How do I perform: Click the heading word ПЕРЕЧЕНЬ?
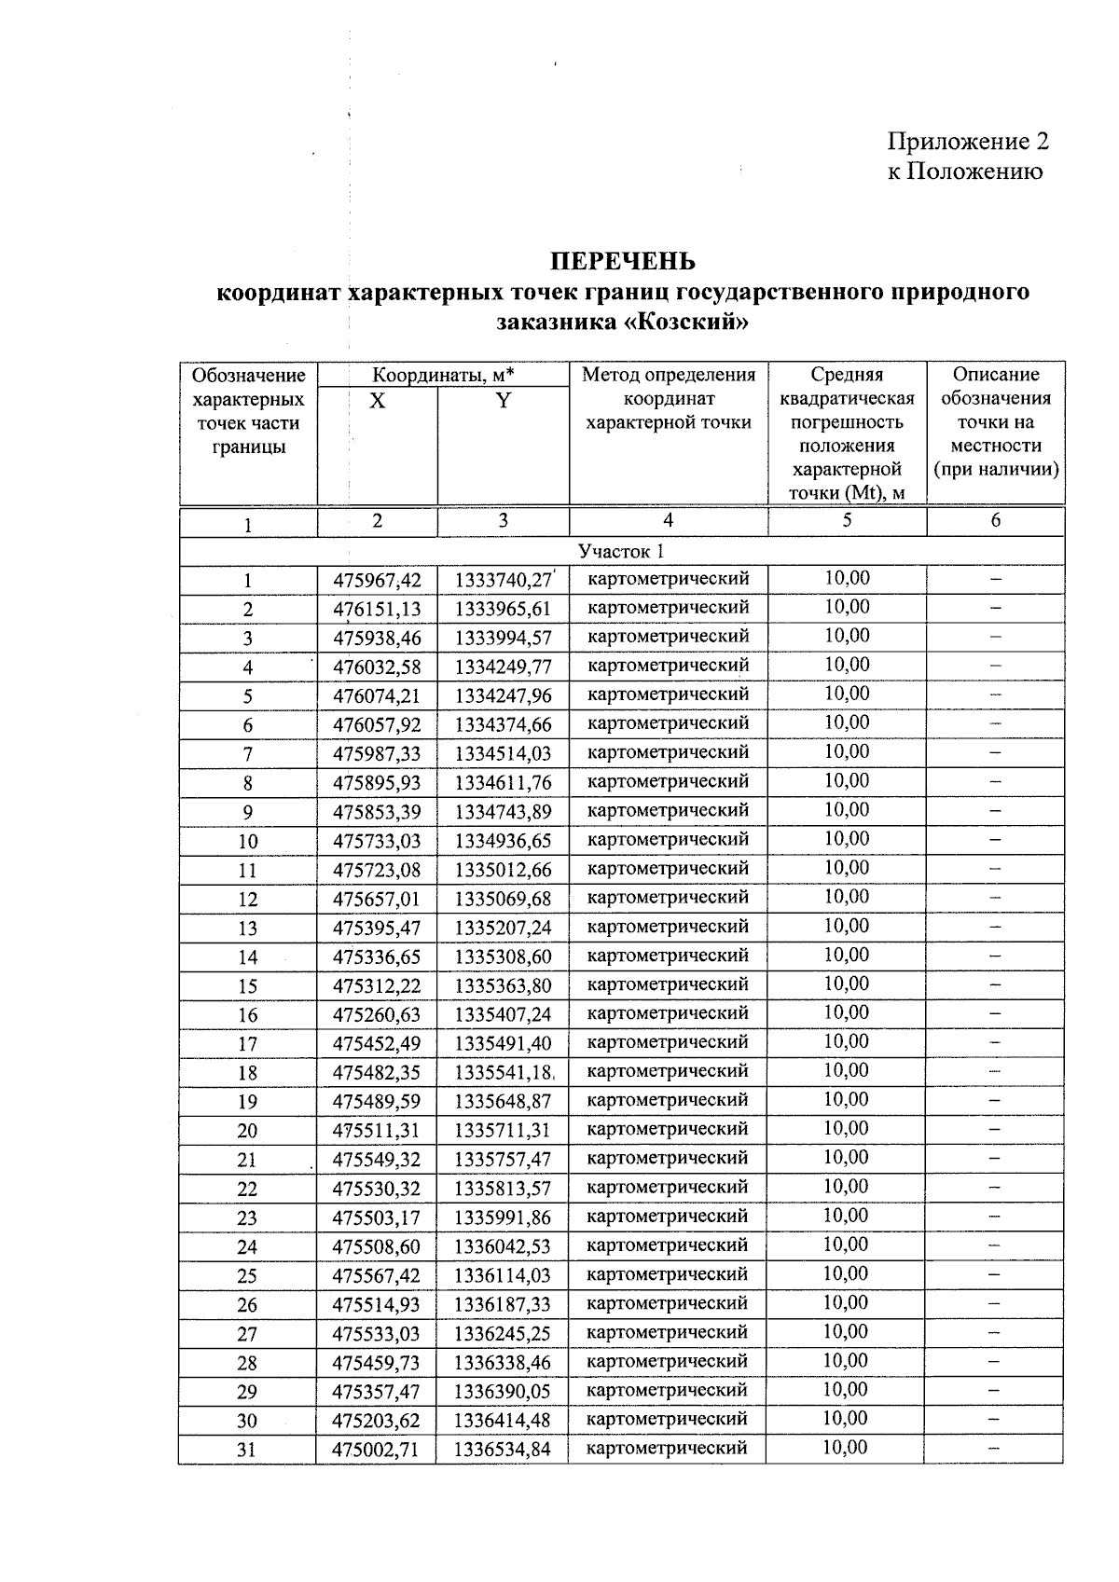pyautogui.click(x=621, y=260)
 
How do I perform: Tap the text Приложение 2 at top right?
pyautogui.click(x=967, y=142)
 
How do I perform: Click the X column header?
pyautogui.click(x=377, y=402)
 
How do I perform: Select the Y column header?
pyautogui.click(x=503, y=402)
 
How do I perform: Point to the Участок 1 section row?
pyautogui.click(x=621, y=551)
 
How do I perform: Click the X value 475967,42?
pyautogui.click(x=377, y=581)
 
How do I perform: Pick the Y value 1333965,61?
pyautogui.click(x=503, y=610)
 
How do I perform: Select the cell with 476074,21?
pyautogui.click(x=377, y=696)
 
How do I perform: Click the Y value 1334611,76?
pyautogui.click(x=503, y=783)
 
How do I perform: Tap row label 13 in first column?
pyautogui.click(x=247, y=929)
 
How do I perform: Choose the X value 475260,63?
pyautogui.click(x=377, y=1015)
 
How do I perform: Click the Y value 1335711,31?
pyautogui.click(x=503, y=1131)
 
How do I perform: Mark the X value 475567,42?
pyautogui.click(x=377, y=1275)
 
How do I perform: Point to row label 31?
pyautogui.click(x=247, y=1450)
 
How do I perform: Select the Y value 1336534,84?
pyautogui.click(x=503, y=1450)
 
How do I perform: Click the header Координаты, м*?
pyautogui.click(x=443, y=376)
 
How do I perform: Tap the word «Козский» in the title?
pyautogui.click(x=685, y=323)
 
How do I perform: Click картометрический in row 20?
pyautogui.click(x=668, y=1129)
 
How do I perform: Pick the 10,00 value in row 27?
pyautogui.click(x=846, y=1331)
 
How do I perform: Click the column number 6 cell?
pyautogui.click(x=995, y=521)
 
